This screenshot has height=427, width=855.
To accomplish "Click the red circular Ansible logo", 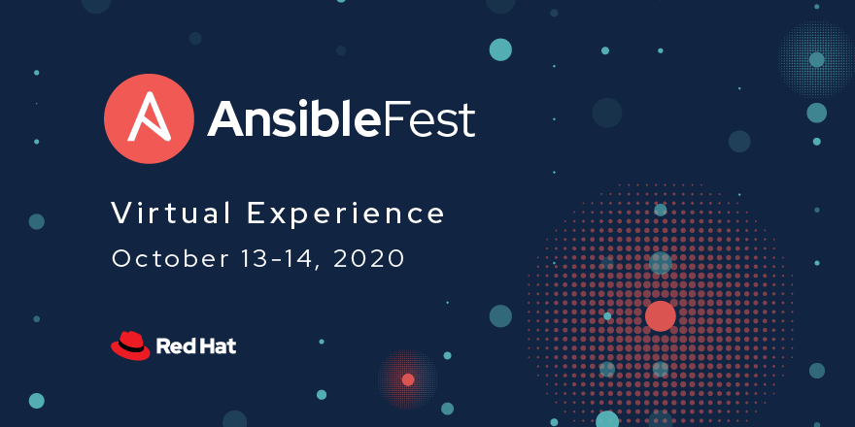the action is [149, 118].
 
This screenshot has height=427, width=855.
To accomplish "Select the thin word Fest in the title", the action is [428, 118].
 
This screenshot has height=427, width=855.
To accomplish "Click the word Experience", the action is [346, 214].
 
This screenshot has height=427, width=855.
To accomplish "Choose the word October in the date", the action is [171, 258].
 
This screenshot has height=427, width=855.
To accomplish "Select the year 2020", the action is [368, 258].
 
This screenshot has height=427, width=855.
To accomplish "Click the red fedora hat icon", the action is [130, 345].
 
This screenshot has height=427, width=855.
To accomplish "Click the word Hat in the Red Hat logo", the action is [217, 345].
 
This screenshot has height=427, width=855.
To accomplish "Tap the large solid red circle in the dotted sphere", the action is [661, 316].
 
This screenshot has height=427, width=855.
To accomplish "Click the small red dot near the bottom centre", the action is [408, 379].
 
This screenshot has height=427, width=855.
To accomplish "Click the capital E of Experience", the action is [256, 213].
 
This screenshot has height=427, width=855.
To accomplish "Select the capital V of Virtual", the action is [122, 213].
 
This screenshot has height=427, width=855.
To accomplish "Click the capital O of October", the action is [122, 259].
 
